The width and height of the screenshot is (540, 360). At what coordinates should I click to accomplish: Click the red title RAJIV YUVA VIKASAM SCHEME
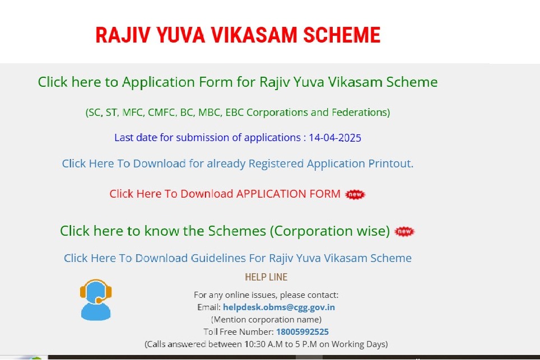(x=238, y=35)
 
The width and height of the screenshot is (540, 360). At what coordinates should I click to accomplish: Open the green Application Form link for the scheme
(x=238, y=82)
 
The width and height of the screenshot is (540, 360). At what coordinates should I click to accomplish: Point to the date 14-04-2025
(x=335, y=138)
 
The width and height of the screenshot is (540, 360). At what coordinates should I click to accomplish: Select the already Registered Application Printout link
(x=238, y=163)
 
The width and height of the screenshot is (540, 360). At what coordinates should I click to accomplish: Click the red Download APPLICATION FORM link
(x=225, y=194)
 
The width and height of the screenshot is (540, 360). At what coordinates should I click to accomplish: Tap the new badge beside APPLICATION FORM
(x=355, y=194)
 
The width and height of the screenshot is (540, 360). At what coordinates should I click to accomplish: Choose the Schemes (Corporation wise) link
(x=225, y=231)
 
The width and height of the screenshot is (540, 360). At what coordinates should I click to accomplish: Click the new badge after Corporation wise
(x=404, y=231)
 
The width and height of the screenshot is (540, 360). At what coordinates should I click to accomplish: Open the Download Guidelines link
(x=238, y=258)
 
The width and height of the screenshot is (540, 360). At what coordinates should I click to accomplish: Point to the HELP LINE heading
(x=266, y=277)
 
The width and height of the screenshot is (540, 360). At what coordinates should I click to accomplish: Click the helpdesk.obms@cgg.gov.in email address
(x=279, y=307)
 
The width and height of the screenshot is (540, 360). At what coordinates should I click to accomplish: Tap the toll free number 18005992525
(x=302, y=332)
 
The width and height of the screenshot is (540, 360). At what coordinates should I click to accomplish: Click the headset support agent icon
(x=96, y=300)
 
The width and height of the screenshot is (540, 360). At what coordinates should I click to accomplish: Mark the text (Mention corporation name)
(x=266, y=319)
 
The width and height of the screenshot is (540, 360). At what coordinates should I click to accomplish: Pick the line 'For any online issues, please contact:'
(x=266, y=295)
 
